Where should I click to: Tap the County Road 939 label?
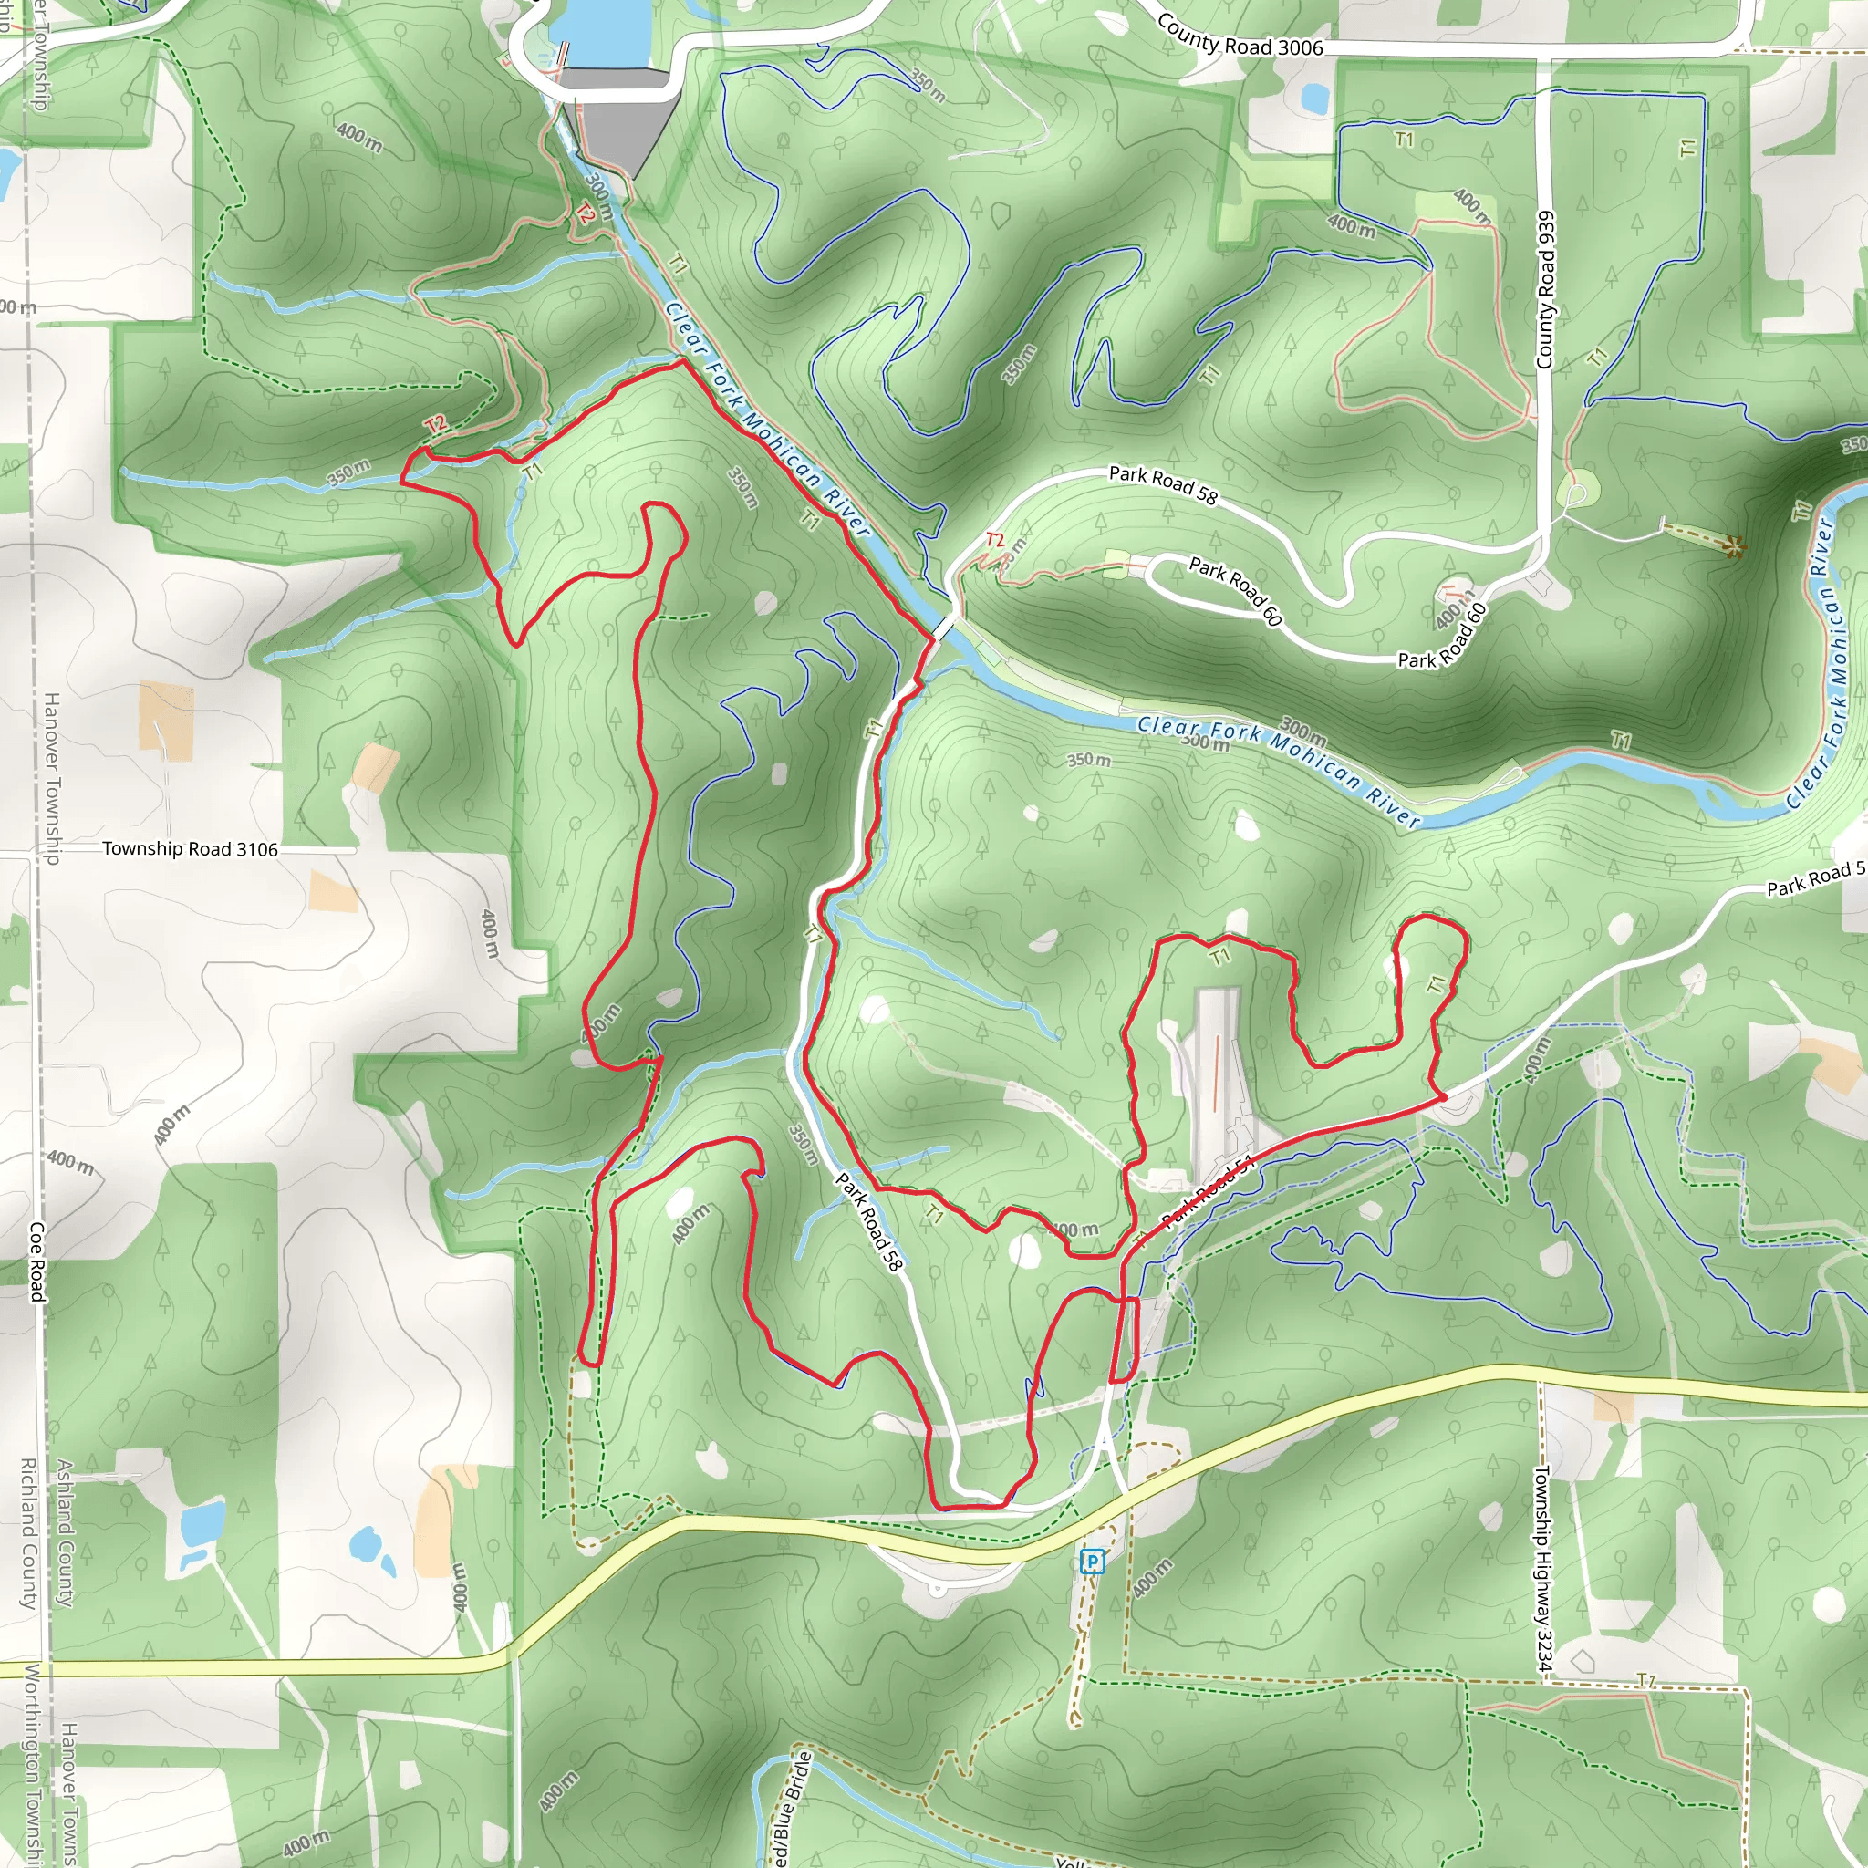[1545, 289]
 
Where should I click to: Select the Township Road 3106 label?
[190, 849]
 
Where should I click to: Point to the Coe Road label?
[36, 1261]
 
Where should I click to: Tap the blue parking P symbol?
[1093, 1561]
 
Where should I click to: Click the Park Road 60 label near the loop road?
[1236, 590]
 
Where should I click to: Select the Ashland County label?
[65, 1532]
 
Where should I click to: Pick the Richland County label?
[29, 1532]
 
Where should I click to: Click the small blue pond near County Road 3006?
[1314, 97]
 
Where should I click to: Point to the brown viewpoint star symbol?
[1735, 547]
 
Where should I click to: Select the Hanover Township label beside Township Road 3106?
[52, 777]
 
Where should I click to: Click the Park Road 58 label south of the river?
[868, 1222]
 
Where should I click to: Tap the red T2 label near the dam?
[584, 213]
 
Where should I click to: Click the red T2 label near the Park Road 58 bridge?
[995, 540]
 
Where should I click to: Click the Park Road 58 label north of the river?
[1162, 484]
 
